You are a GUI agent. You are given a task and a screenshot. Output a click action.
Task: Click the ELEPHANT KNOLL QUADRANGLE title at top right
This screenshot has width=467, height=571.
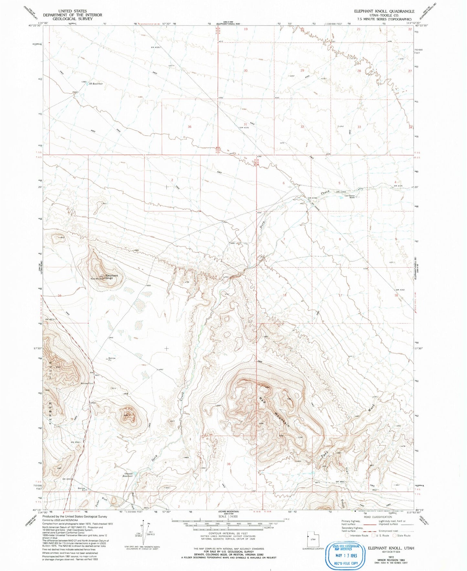pyautogui.click(x=384, y=11)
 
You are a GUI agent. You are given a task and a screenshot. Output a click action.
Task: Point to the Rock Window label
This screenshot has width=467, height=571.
pyautogui.click(x=97, y=279)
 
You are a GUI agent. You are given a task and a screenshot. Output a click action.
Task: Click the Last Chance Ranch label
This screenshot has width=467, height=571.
pyautogui.click(x=350, y=196)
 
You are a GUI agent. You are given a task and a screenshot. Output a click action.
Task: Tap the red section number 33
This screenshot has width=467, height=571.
pyautogui.click(x=359, y=127)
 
